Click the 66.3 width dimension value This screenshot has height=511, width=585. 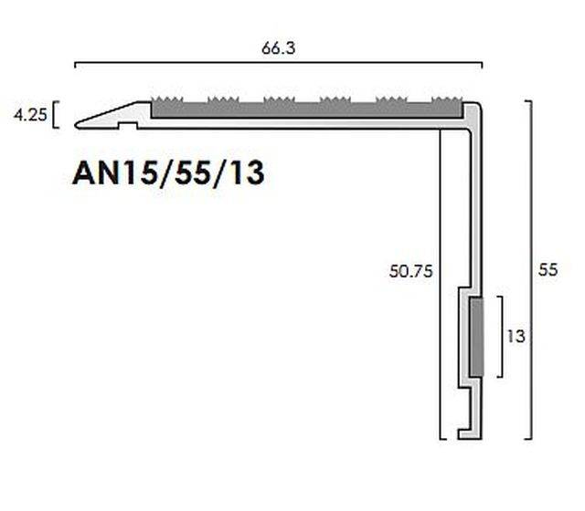278,50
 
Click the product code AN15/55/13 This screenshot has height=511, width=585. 168,172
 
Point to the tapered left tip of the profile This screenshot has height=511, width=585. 82,122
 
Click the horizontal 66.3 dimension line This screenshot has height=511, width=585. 278,64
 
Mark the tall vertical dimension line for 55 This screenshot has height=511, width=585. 532,269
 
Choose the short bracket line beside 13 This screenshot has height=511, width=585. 499,336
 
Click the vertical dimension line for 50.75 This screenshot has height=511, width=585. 442,283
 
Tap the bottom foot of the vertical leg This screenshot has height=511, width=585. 470,431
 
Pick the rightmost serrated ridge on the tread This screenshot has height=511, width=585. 445,99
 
